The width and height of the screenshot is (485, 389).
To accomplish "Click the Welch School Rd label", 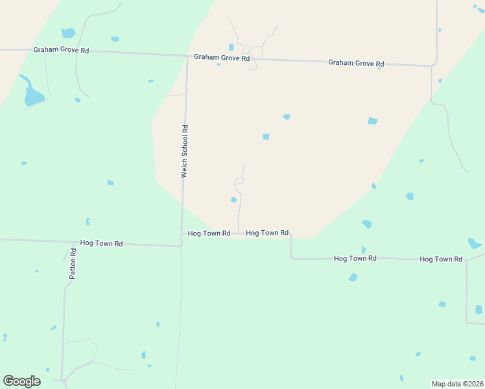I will pos(185,151).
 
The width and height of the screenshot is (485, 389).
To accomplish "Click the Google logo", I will pos(21,381).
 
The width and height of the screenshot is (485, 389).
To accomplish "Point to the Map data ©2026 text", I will pos(457,383).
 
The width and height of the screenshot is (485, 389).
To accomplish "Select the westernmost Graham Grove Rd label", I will pos(62,50).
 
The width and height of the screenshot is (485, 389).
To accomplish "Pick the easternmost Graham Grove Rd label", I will pos(356,63).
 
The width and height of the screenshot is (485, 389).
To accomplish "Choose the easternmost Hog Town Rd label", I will pos(441,259).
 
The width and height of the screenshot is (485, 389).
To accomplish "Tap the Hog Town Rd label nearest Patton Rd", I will pos(101,243).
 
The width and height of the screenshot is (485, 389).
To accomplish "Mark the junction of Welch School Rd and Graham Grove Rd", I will pos(187,56).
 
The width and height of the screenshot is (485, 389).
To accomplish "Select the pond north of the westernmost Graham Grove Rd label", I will pos(67,32).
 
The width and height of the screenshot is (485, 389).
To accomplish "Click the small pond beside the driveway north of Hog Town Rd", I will pos(233,200).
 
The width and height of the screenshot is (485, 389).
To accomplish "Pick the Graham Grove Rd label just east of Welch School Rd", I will pos(222,58).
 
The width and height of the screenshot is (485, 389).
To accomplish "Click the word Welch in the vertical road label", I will pos(185,169).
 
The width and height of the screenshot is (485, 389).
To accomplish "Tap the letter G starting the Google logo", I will pos(8,381).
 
